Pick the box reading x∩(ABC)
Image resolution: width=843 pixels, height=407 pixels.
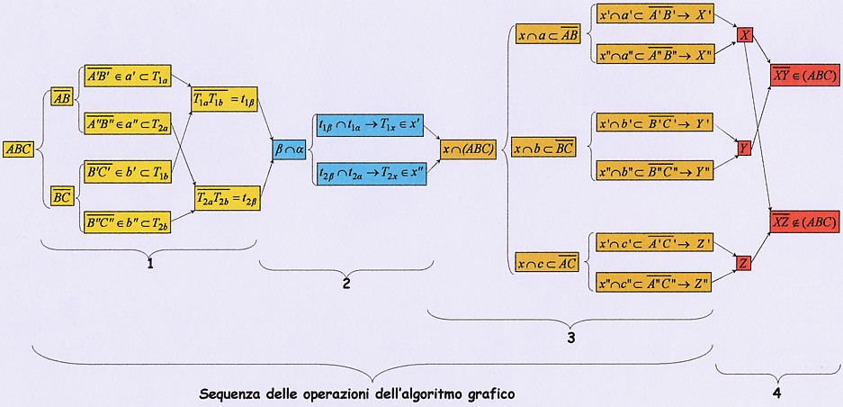(x=468, y=148)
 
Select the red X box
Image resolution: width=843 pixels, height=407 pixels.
(x=745, y=34)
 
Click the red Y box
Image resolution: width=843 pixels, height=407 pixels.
(x=744, y=147)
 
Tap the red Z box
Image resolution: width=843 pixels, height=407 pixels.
(x=744, y=263)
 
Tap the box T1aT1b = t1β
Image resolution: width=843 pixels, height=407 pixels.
(x=226, y=98)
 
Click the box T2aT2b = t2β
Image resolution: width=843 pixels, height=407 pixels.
(x=227, y=196)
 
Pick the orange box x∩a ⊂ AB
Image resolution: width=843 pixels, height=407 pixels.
(x=547, y=35)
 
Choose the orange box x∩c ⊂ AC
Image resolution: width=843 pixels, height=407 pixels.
(x=547, y=262)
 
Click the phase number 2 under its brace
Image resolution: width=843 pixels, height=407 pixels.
(x=345, y=284)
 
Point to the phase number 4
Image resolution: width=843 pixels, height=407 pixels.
(x=776, y=393)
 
